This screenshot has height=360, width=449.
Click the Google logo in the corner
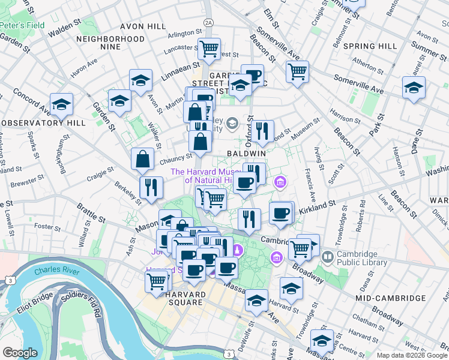(x=20, y=353)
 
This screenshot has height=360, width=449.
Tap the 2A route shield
(x=208, y=22)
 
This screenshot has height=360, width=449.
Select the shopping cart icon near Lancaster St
(x=209, y=49)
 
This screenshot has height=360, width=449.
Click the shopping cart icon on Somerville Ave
(x=297, y=71)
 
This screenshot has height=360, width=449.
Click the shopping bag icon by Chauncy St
(x=143, y=159)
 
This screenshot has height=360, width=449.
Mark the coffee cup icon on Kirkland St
(x=280, y=212)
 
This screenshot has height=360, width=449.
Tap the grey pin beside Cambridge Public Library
(x=327, y=258)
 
